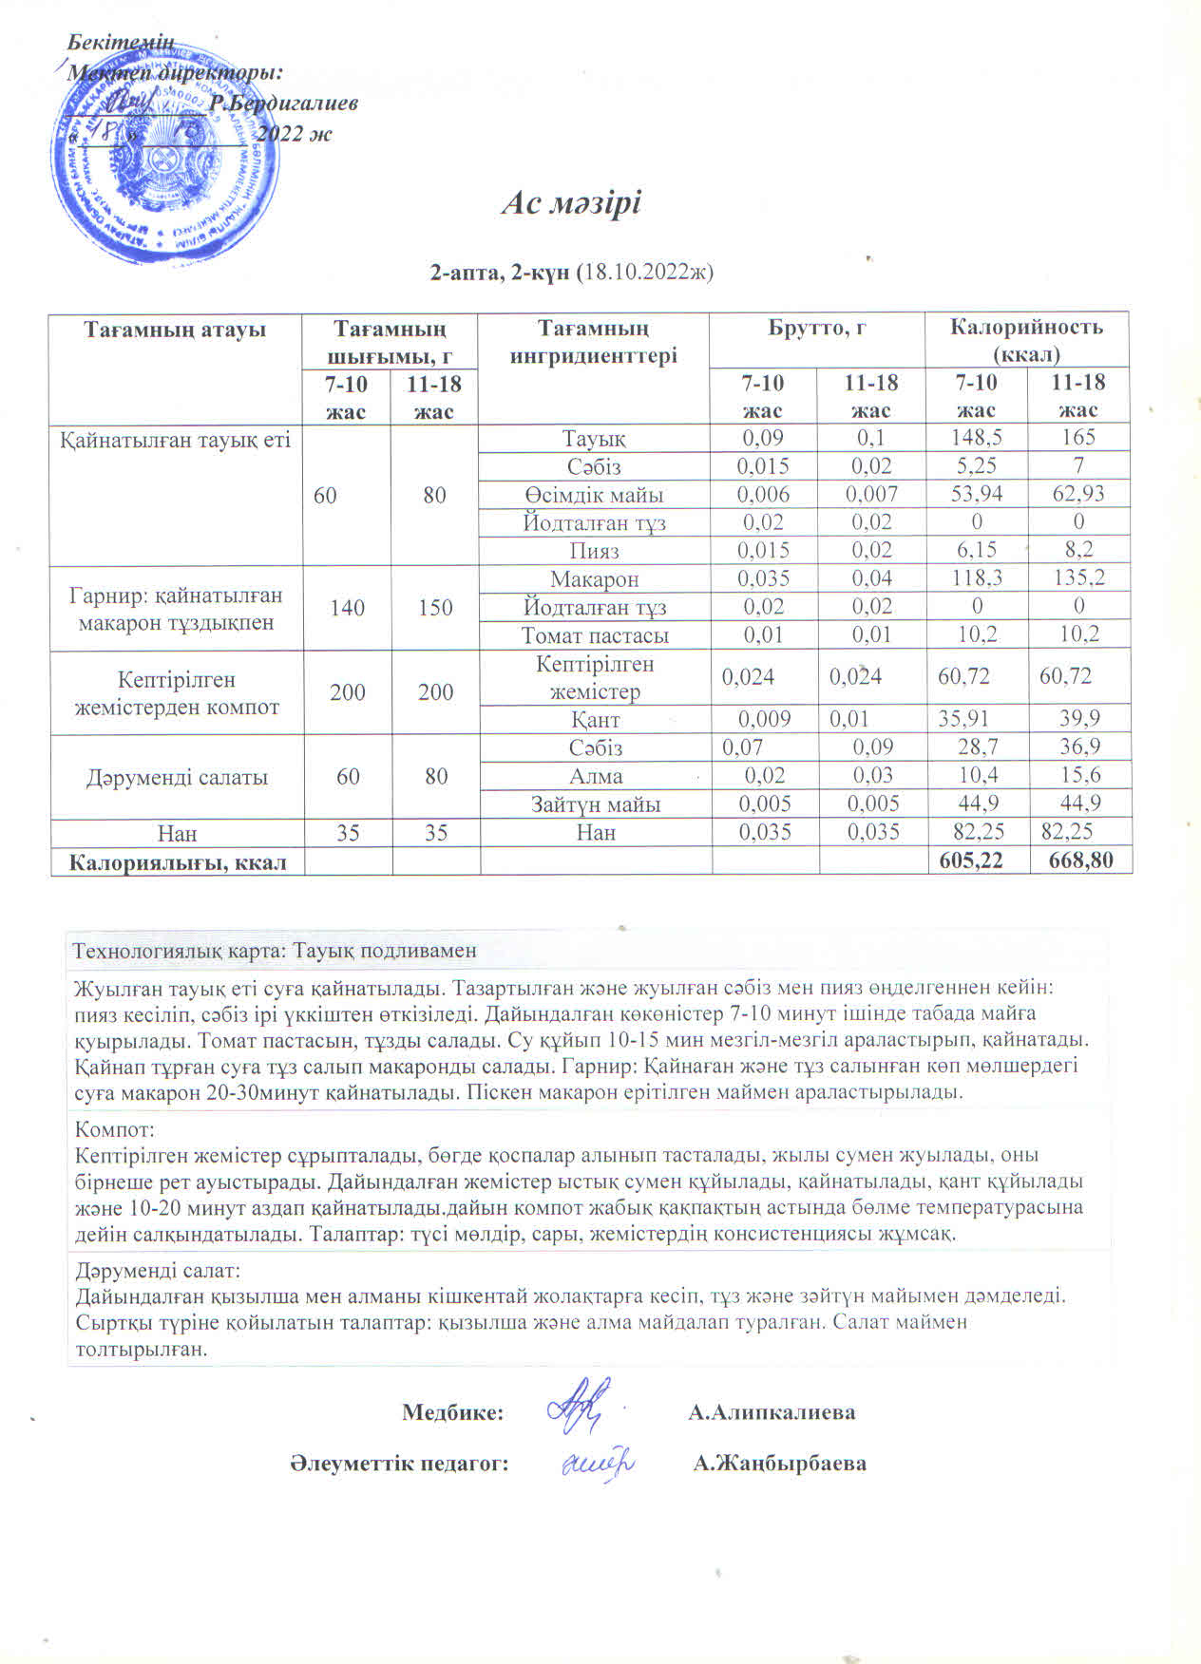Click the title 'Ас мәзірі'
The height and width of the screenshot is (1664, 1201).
point(571,203)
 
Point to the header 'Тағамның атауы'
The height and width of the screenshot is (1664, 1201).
point(175,330)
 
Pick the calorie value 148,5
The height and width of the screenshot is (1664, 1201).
point(976,438)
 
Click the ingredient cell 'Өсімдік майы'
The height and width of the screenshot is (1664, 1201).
point(594,495)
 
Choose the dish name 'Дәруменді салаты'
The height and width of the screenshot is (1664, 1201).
point(177,777)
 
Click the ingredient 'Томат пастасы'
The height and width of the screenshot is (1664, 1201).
point(594,635)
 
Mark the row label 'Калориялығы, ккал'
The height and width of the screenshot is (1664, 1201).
point(178,861)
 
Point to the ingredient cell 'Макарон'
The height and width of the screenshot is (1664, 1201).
point(594,578)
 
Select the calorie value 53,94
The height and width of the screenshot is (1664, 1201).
point(976,494)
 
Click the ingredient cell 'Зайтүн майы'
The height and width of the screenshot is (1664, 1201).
point(595,804)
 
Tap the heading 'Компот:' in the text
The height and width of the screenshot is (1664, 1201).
point(114,1130)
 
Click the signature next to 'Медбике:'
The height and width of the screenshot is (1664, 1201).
point(580,1405)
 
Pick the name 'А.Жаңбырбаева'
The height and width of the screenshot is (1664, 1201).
point(779,1464)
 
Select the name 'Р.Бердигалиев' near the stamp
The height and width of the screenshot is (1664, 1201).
point(283,104)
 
